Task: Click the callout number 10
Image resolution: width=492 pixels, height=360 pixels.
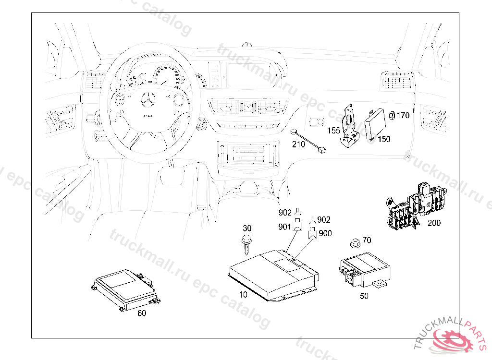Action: click(x=244, y=294)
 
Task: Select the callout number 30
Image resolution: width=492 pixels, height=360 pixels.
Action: click(x=247, y=228)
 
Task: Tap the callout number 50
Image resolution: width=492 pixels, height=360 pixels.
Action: click(x=364, y=296)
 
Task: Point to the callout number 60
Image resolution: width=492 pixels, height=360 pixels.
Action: click(x=142, y=313)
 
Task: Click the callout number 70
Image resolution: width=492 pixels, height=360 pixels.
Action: click(x=367, y=240)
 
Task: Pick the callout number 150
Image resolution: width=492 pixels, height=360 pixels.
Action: click(x=384, y=139)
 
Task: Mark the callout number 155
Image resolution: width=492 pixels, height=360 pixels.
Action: click(x=334, y=130)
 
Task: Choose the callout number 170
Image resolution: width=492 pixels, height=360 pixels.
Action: click(x=403, y=115)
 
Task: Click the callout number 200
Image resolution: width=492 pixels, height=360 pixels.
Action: click(x=434, y=223)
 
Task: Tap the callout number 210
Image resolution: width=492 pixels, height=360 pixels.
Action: click(x=299, y=144)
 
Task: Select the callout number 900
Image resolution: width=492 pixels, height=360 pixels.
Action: click(x=325, y=233)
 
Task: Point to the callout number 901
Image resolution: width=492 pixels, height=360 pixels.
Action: click(x=285, y=227)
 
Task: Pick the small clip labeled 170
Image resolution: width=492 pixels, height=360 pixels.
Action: click(x=392, y=115)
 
